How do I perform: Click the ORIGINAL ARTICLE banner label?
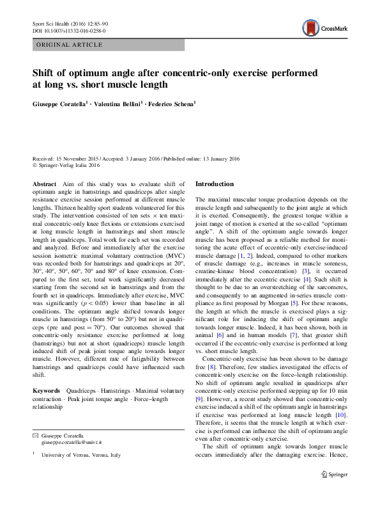[x=70, y=45]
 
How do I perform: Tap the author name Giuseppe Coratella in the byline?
[x=63, y=103]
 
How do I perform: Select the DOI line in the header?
[x=69, y=30]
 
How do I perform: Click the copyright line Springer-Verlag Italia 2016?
[x=69, y=165]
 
